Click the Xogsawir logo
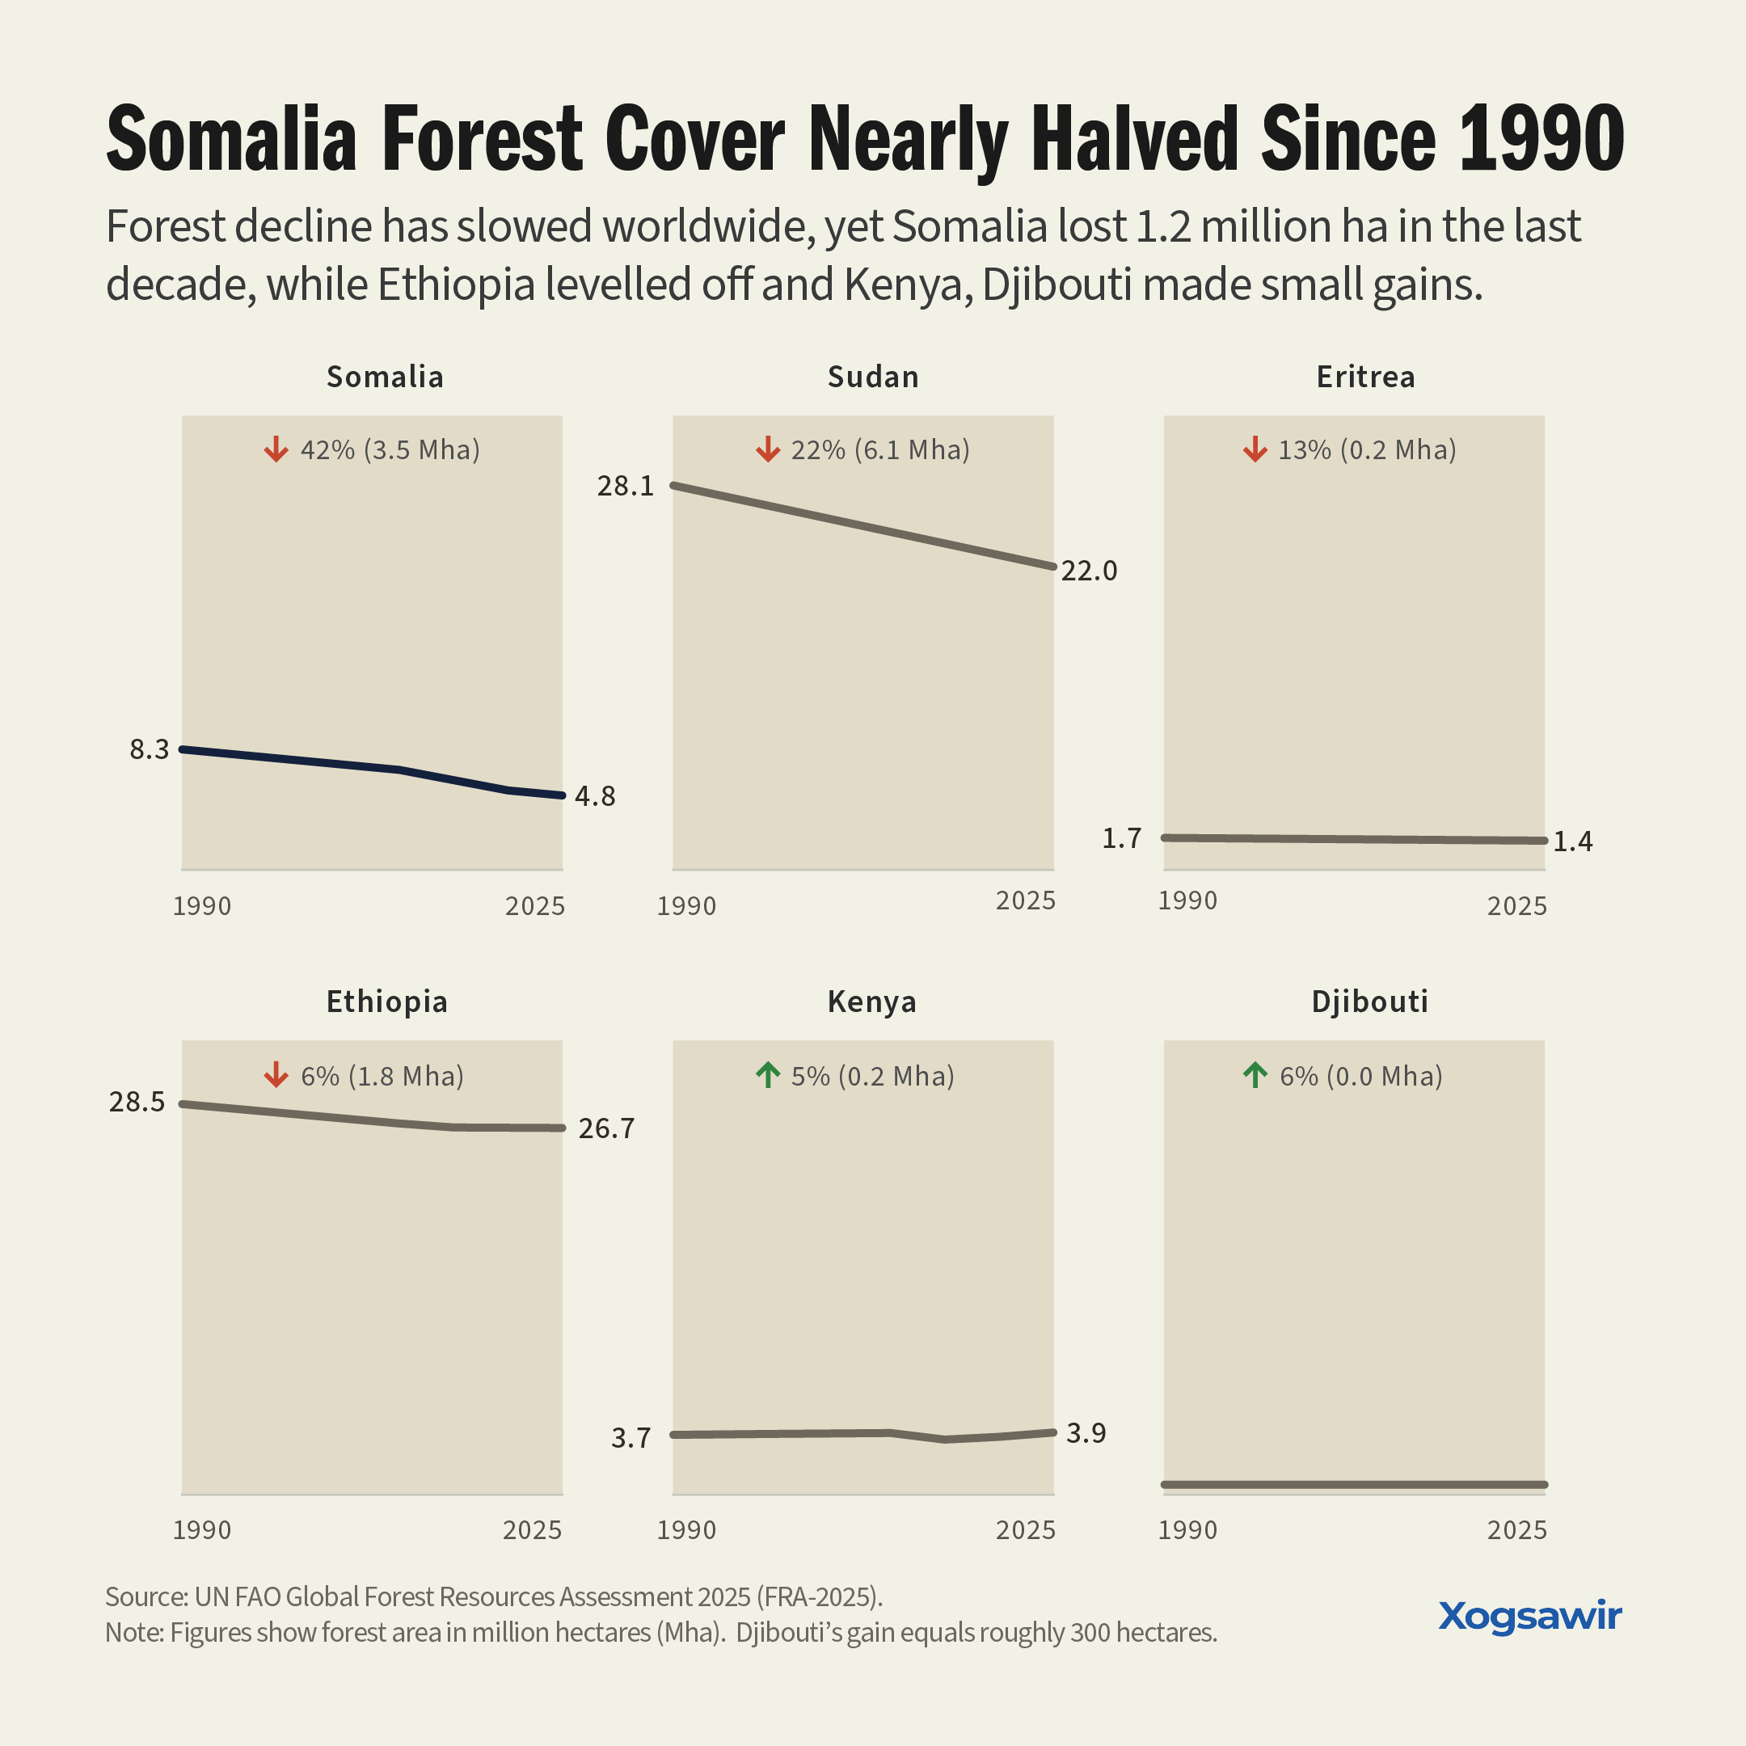click(x=1530, y=1617)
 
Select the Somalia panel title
click(x=385, y=377)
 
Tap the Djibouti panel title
click(x=1370, y=1002)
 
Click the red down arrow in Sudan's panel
click(x=767, y=449)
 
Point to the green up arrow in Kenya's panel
click(x=767, y=1075)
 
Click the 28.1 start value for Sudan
click(x=626, y=486)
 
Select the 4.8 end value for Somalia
click(x=595, y=796)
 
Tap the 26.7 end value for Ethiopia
click(x=606, y=1128)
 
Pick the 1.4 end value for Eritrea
click(x=1572, y=842)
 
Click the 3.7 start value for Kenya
click(x=630, y=1438)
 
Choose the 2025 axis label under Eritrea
click(x=1517, y=905)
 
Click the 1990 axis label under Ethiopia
click(x=201, y=1530)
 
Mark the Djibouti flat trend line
click(x=1355, y=1485)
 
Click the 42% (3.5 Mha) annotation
click(x=390, y=450)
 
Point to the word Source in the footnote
click(x=145, y=1597)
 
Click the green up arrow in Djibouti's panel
click(x=1255, y=1075)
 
